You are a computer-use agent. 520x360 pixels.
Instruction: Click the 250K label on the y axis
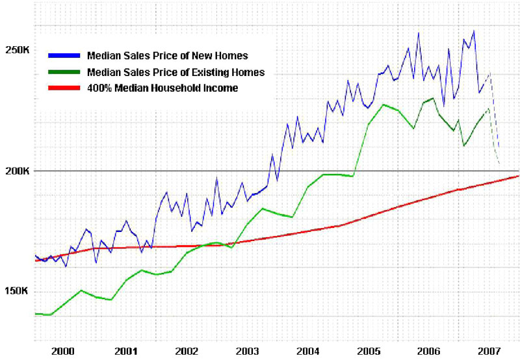[17, 49]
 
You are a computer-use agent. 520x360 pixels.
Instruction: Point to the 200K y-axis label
[17, 171]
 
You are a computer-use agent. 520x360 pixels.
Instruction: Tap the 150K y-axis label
[17, 291]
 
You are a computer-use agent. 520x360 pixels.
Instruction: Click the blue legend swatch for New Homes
[62, 55]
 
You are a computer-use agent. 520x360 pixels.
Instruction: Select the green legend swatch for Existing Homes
[62, 71]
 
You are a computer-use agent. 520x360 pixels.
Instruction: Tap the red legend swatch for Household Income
[62, 88]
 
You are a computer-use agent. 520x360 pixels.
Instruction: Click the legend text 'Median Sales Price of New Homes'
[167, 55]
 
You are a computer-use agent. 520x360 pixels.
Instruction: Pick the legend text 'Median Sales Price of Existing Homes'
[175, 71]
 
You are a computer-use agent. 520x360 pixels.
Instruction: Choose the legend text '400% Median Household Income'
[162, 88]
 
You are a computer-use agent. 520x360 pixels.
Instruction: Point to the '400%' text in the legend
[99, 88]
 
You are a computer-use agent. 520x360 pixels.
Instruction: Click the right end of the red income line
[518, 176]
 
